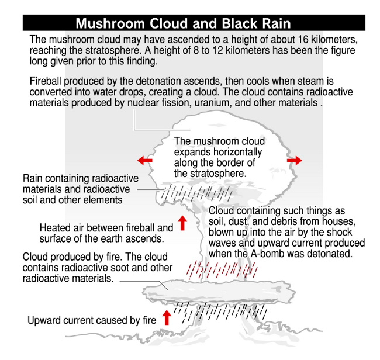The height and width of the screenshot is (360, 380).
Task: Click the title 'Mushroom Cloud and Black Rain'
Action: point(183,23)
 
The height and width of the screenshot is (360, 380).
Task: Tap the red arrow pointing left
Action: point(144,160)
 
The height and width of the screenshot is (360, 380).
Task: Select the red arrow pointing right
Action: point(295,160)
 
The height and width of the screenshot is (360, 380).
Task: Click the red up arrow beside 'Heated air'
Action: point(182,223)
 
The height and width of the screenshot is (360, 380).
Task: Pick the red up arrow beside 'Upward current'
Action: point(167,317)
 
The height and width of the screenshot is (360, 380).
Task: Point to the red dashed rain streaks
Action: point(222,269)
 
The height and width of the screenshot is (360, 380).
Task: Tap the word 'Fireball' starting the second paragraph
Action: point(45,81)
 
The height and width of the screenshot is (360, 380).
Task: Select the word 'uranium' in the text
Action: point(212,103)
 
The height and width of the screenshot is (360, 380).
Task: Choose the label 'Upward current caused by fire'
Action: point(92,320)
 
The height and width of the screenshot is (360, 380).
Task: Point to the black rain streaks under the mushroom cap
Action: point(197,193)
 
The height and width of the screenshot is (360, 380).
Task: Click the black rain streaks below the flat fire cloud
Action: point(221,313)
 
